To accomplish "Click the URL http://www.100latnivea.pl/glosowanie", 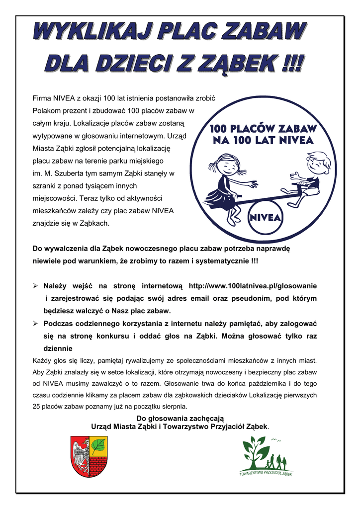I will coord(253,286).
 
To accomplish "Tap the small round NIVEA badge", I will coord(265,218).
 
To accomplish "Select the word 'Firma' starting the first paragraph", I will coord(42,97).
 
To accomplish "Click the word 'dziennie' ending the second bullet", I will coord(58,348).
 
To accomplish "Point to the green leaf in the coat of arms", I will coord(98,443).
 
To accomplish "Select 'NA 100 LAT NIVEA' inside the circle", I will coord(263,141).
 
